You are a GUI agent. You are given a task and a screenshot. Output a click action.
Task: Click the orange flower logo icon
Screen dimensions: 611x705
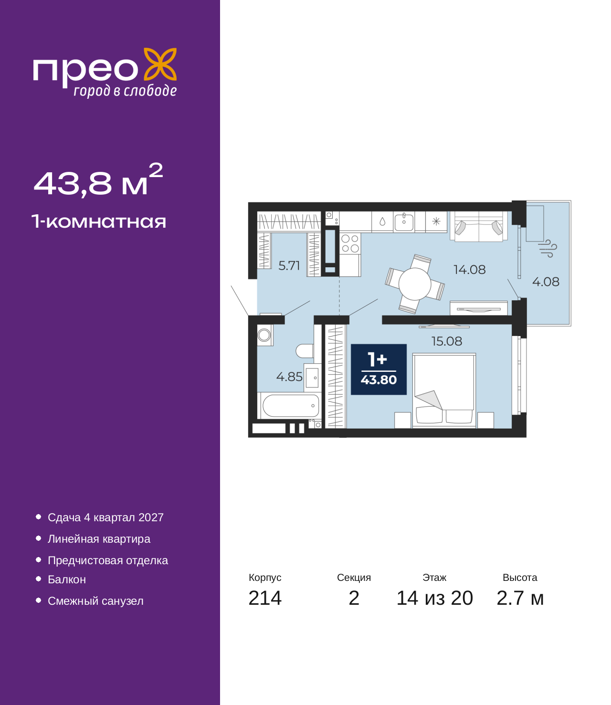(x=160, y=64)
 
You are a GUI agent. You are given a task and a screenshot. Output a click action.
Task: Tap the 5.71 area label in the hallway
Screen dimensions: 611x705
(x=289, y=266)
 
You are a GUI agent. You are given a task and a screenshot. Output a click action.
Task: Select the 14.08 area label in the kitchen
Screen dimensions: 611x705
(x=469, y=270)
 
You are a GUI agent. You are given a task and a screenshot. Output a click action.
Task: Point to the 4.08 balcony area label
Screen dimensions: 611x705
(x=546, y=282)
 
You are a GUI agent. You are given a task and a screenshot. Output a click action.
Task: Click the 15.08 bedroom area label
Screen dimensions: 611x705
(x=447, y=341)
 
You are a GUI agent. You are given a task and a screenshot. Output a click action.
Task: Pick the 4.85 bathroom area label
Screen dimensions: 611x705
(x=289, y=377)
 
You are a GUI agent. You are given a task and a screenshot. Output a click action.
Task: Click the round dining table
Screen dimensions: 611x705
(x=414, y=284)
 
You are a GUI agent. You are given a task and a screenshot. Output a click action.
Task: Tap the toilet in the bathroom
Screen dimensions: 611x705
(x=305, y=351)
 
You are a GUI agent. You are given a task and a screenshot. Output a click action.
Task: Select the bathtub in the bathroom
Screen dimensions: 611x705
(x=291, y=406)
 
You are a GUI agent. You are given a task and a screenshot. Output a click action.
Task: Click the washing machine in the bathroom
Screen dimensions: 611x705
(x=264, y=335)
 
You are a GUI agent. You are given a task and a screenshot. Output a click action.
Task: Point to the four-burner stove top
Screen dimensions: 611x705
(x=350, y=243)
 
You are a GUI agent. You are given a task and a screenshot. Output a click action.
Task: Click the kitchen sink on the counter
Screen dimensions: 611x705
(x=404, y=221)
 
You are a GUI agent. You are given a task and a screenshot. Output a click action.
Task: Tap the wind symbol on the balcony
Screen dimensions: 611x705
(x=547, y=248)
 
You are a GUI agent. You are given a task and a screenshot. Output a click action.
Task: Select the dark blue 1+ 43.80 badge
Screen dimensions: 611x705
(x=379, y=369)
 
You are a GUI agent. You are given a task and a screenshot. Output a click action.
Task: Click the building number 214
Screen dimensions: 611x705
(x=265, y=598)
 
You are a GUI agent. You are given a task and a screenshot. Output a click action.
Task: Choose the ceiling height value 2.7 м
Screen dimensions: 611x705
(x=520, y=598)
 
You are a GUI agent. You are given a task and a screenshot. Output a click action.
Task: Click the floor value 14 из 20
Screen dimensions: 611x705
(x=435, y=598)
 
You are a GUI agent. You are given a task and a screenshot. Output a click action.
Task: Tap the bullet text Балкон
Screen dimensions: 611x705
(x=67, y=579)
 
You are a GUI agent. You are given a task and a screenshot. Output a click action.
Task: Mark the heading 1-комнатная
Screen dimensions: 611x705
(x=99, y=221)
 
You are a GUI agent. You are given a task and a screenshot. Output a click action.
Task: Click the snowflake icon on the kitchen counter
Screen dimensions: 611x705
(x=436, y=221)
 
